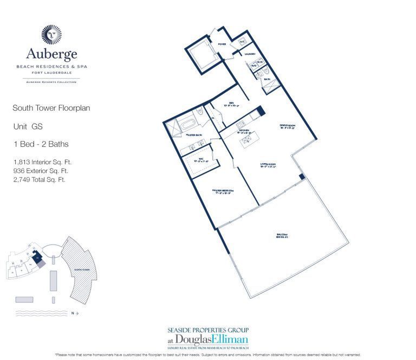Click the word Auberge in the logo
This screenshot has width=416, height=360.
pyautogui.click(x=51, y=54)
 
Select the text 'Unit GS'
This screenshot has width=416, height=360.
pyautogui.click(x=28, y=126)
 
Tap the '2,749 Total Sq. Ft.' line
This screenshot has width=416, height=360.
pyautogui.click(x=39, y=179)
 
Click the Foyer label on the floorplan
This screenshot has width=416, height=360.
pyautogui.click(x=222, y=44)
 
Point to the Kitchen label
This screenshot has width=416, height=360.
pyautogui.click(x=244, y=131)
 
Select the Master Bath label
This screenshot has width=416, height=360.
pyautogui.click(x=193, y=134)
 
